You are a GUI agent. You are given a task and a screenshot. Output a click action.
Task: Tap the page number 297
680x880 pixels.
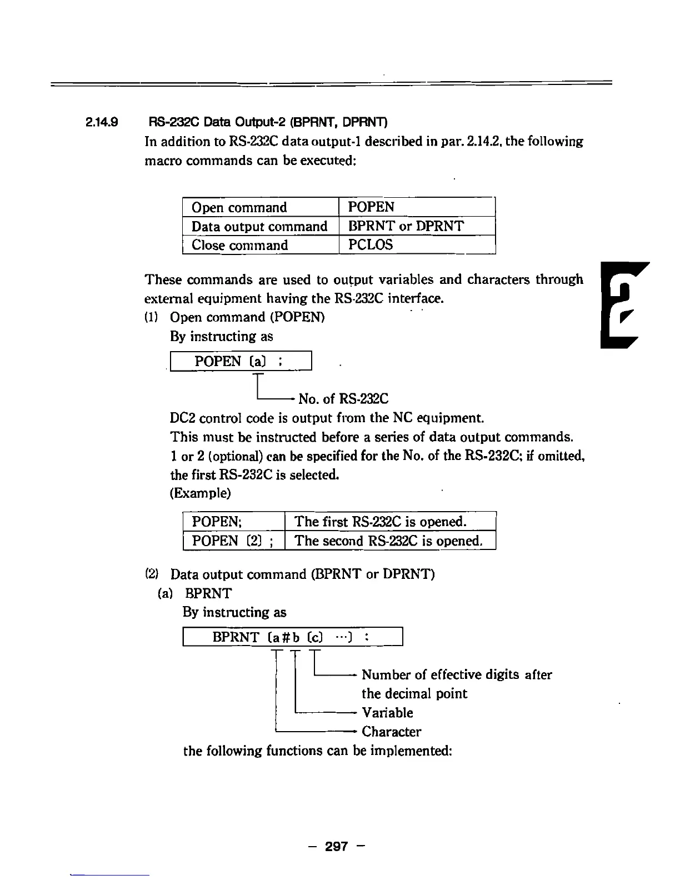pos(337,846)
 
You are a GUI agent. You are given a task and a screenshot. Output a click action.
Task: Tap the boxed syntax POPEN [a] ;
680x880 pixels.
pos(241,361)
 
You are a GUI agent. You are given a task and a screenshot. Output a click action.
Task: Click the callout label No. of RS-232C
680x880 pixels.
pos(343,399)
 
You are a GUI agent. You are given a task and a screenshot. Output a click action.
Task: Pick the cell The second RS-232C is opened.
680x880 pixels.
pos(388,541)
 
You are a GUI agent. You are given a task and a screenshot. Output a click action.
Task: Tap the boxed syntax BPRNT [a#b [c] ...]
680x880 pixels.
pos(292,637)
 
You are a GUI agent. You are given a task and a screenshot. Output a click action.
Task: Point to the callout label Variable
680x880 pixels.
pos(387,713)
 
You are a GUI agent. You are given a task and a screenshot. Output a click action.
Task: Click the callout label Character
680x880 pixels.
pos(391,732)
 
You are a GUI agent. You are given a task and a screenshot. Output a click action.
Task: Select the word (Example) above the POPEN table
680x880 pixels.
pos(200,493)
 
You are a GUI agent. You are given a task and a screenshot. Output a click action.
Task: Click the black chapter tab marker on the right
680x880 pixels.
pos(619,306)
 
